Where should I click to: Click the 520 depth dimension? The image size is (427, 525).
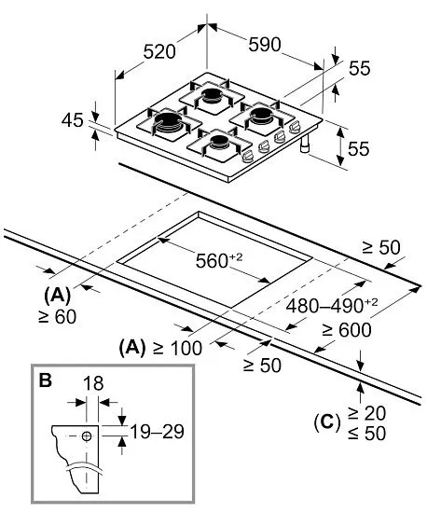(x=159, y=51)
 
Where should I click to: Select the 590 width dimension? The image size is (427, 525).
(x=265, y=45)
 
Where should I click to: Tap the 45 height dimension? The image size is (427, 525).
(x=72, y=120)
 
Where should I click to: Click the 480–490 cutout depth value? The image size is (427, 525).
(x=332, y=305)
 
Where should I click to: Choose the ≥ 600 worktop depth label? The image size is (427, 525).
(x=347, y=330)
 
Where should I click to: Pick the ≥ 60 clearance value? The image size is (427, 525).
(x=58, y=317)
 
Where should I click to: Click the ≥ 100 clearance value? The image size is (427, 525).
(x=178, y=348)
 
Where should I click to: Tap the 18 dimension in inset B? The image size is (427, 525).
(x=93, y=383)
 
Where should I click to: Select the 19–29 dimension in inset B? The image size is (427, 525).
(x=157, y=432)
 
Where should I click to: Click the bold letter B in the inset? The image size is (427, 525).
(x=45, y=380)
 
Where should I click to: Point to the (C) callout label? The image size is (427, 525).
(x=327, y=421)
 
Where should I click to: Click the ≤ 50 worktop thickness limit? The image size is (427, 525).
(x=367, y=433)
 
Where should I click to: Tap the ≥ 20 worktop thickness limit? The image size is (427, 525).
(x=367, y=413)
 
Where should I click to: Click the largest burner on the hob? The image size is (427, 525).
(x=169, y=122)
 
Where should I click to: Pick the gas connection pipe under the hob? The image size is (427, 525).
(x=305, y=145)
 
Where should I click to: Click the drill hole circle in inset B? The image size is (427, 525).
(x=87, y=435)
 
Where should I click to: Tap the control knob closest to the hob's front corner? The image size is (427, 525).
(x=248, y=157)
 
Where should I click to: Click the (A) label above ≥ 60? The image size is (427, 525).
(x=57, y=296)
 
